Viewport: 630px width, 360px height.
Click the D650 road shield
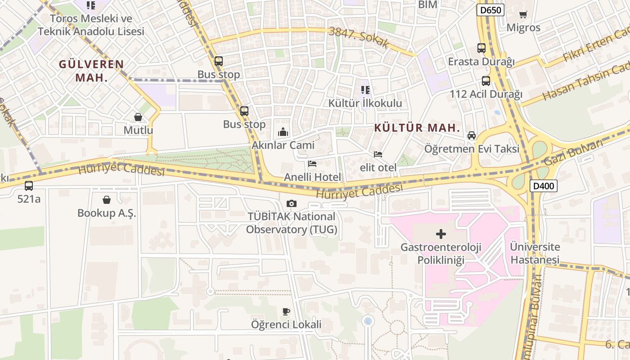click(490, 10)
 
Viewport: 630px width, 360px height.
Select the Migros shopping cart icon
click(523, 14)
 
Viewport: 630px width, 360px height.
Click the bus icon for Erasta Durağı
click(481, 48)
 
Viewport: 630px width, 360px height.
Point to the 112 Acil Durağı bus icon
click(486, 81)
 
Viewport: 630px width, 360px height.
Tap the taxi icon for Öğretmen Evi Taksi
click(472, 135)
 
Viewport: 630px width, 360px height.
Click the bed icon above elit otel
click(378, 154)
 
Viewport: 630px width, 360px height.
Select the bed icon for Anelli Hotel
click(312, 164)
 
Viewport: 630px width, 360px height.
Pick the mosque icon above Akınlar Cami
click(283, 132)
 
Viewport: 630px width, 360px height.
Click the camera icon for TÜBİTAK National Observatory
click(292, 203)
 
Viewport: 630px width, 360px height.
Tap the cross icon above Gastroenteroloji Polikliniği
click(441, 234)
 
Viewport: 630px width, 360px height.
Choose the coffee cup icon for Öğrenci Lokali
click(286, 311)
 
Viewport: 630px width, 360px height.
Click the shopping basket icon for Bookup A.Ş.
click(107, 199)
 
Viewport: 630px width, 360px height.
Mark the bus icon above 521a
click(29, 185)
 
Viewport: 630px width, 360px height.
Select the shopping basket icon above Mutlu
click(138, 117)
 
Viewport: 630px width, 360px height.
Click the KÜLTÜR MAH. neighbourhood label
click(417, 128)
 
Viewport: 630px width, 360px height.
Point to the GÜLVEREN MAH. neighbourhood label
click(91, 71)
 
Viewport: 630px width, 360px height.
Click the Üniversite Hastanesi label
click(535, 253)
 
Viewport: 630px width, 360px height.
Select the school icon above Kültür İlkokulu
click(365, 90)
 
